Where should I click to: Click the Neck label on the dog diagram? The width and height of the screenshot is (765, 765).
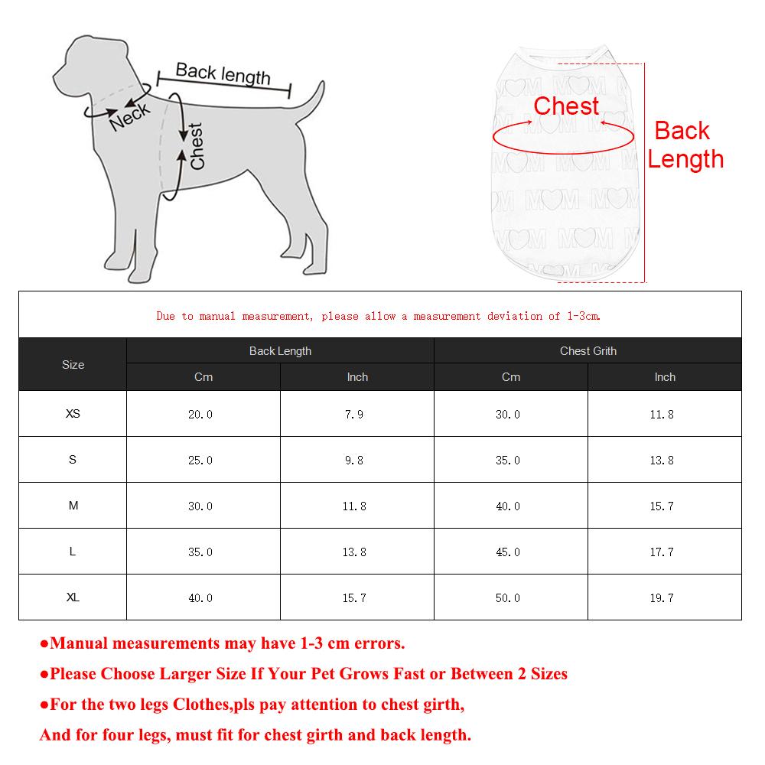click(130, 116)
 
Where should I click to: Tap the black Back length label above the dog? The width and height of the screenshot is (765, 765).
click(223, 73)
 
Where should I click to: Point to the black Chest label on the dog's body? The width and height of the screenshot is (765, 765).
click(197, 146)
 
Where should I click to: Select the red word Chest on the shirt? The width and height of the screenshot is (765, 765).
click(566, 106)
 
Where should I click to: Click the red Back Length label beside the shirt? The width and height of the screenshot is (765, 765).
click(685, 145)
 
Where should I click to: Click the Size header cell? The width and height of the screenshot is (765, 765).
click(73, 365)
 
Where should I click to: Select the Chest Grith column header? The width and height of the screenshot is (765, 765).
click(588, 351)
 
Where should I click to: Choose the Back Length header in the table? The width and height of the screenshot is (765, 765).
click(280, 351)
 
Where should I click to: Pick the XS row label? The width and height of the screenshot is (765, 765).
click(73, 414)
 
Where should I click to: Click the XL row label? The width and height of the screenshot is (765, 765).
click(73, 597)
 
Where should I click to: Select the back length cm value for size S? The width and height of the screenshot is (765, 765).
click(200, 461)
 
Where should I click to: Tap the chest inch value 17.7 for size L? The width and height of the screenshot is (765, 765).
click(662, 552)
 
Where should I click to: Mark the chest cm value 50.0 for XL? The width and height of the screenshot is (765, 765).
click(508, 598)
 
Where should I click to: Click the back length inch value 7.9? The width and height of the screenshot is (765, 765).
click(354, 415)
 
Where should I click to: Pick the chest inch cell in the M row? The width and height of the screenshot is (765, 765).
click(662, 506)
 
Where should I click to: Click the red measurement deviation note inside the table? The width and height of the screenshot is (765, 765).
click(379, 316)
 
